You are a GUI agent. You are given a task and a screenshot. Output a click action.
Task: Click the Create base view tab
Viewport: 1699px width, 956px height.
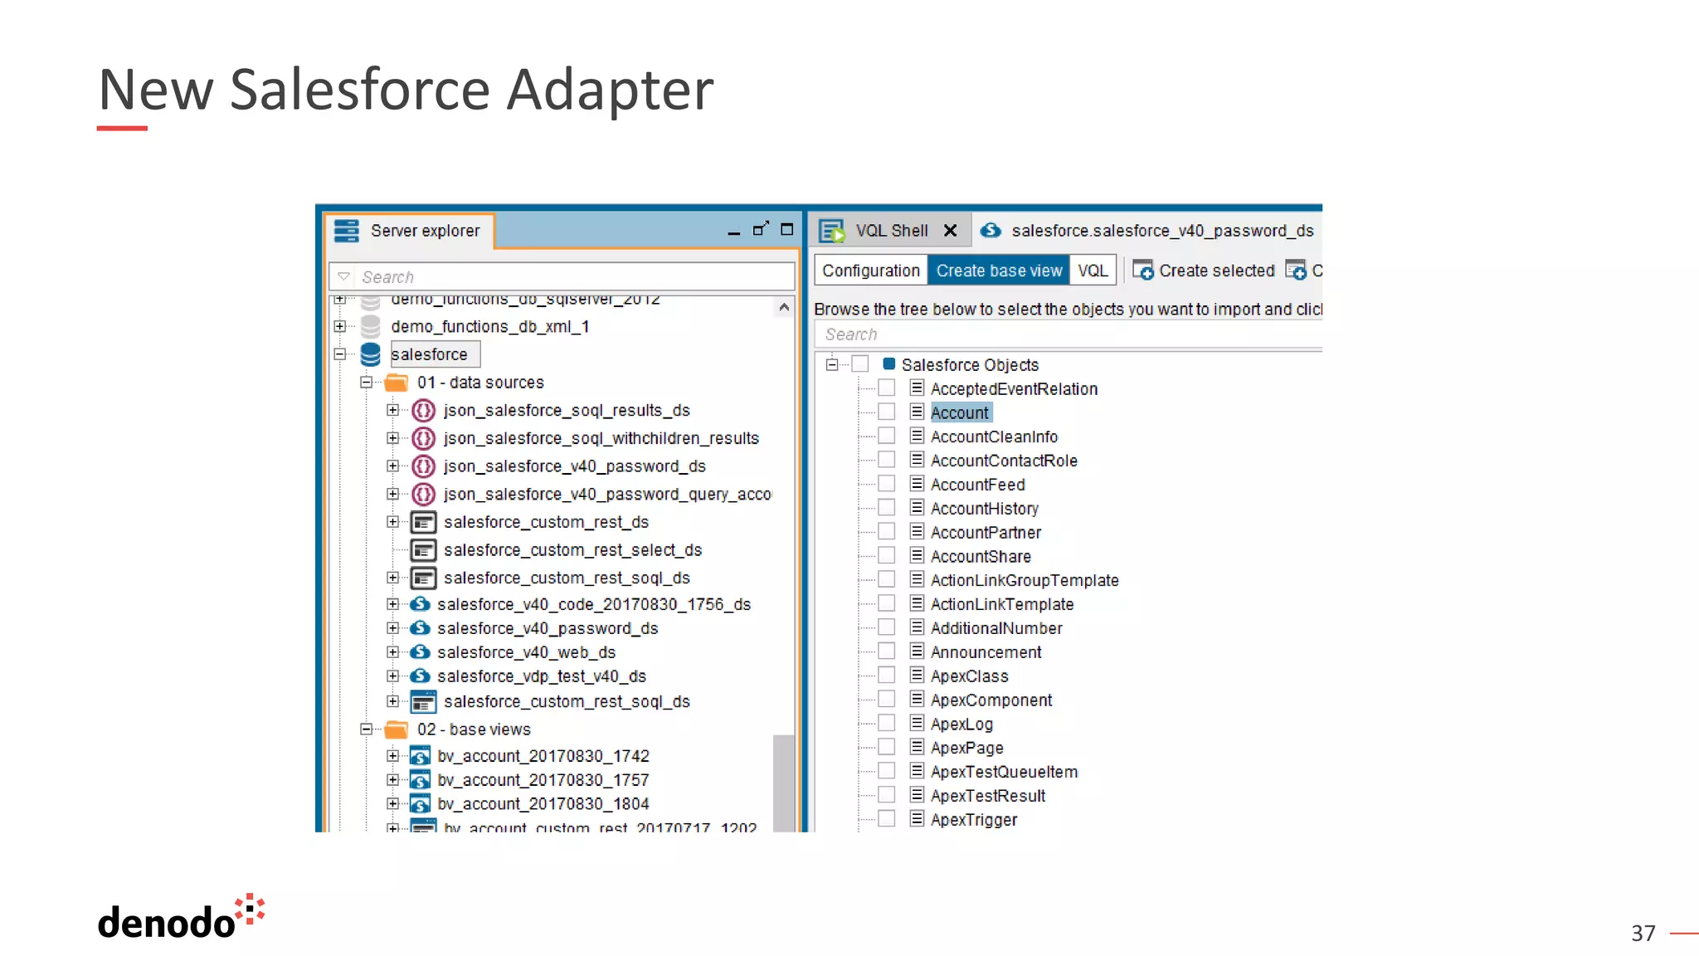(x=998, y=271)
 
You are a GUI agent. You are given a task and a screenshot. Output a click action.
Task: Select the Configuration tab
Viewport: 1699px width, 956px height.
(x=870, y=271)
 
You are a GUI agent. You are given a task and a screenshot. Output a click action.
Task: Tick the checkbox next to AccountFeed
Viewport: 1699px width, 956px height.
(x=886, y=484)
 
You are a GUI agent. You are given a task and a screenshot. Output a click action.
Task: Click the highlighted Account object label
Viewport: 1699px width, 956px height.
(x=959, y=412)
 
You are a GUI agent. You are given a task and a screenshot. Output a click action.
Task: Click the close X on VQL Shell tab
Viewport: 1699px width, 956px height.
(x=951, y=231)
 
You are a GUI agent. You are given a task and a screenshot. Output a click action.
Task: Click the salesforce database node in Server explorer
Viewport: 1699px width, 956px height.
(x=429, y=354)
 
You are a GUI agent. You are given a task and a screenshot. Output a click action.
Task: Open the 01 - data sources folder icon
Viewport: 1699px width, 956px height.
(x=397, y=383)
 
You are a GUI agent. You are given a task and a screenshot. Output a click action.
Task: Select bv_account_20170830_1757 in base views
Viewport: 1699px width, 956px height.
(x=543, y=780)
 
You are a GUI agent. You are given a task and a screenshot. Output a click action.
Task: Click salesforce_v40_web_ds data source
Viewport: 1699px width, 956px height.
(x=526, y=652)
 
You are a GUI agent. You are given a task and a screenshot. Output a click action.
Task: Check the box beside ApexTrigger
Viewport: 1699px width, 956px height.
(x=886, y=819)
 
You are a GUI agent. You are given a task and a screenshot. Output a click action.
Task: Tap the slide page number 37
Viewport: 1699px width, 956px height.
(x=1643, y=933)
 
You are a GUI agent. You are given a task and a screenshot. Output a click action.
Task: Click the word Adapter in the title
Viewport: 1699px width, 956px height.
(x=610, y=90)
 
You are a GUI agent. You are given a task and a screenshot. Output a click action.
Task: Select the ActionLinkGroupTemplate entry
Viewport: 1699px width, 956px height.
(x=1024, y=580)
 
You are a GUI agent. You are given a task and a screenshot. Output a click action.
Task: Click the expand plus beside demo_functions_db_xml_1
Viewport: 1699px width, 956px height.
(x=339, y=326)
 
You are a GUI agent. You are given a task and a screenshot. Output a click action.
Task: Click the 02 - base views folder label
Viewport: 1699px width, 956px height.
(x=473, y=729)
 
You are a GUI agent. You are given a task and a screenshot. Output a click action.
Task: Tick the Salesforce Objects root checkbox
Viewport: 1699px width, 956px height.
(x=860, y=364)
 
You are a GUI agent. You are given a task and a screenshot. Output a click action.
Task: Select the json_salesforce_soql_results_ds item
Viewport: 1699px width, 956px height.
(x=566, y=411)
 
